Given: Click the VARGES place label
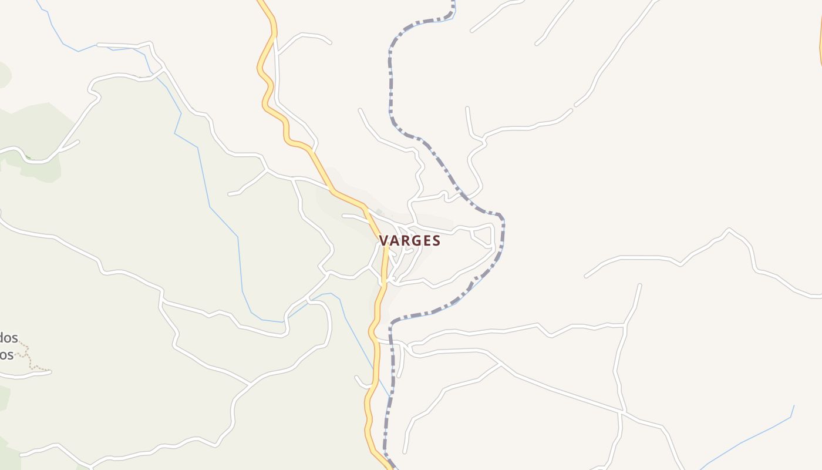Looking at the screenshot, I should click(410, 241).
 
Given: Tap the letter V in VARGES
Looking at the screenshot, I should click(383, 241).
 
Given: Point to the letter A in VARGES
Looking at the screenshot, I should click(394, 241).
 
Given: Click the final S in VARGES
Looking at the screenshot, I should click(436, 241).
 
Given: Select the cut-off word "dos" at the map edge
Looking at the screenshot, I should click(9, 338).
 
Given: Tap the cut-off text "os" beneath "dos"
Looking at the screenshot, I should click(6, 355).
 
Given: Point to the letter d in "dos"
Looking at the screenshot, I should click(2, 338).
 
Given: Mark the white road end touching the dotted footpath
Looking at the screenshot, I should click(49, 371).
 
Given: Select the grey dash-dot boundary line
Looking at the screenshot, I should click(390, 88).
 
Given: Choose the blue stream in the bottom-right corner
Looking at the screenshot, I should click(746, 441).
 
